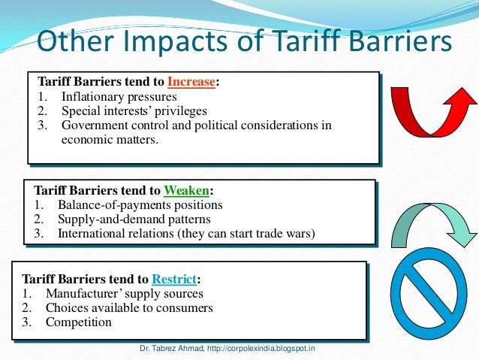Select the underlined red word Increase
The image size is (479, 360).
tap(191, 83)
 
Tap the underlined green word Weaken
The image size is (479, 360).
tap(188, 190)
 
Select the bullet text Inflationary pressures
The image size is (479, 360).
tap(119, 97)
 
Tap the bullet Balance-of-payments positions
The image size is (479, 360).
tap(140, 205)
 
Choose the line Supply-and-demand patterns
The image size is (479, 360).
tap(134, 219)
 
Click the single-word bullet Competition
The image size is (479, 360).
tap(79, 322)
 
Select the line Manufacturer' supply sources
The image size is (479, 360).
tap(124, 293)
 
